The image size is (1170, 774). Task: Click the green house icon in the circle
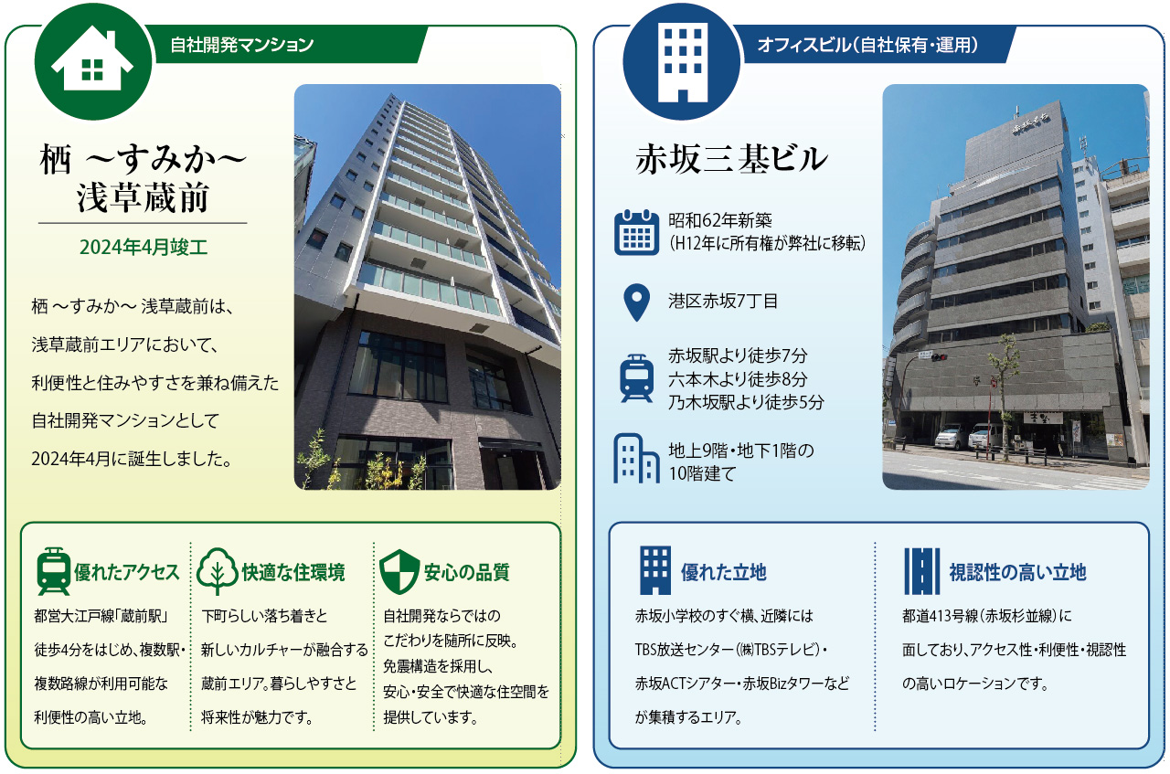(92, 61)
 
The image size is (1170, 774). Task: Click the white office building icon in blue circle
(683, 62)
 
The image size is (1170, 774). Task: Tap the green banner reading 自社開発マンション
(287, 45)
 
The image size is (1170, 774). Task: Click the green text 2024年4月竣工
(144, 247)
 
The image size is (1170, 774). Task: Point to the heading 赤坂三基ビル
(731, 159)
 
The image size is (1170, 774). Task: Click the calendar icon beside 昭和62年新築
(636, 232)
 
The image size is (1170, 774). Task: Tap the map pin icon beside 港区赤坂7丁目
(637, 302)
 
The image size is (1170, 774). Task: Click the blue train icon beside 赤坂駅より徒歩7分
(637, 378)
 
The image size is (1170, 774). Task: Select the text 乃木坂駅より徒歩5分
(746, 402)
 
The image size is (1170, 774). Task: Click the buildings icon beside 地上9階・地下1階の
(635, 458)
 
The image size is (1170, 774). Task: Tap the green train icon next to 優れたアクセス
(53, 571)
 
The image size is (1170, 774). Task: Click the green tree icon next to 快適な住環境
(218, 571)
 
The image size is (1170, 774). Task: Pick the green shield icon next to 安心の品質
(399, 571)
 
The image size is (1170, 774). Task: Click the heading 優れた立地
(723, 572)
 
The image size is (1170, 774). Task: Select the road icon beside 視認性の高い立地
(922, 571)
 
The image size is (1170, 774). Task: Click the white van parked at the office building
(952, 437)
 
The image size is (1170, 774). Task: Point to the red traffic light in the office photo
(939, 357)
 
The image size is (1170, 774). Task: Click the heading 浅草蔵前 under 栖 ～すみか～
(143, 197)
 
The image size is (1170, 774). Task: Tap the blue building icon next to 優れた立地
(655, 571)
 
